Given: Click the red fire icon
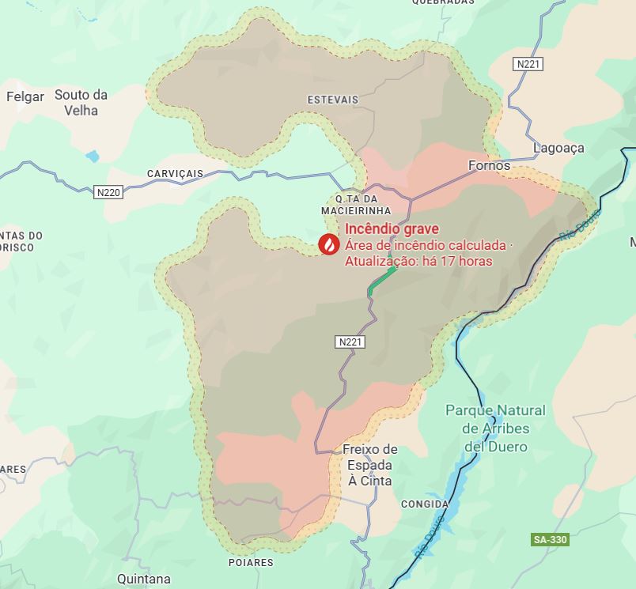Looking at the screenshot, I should pos(326,245).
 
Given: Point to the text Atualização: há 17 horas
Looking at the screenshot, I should pos(418,261).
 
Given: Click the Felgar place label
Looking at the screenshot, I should pos(24,96).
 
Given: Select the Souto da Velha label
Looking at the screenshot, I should pos(81,103).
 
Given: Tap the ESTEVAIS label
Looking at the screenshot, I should pos(332,100).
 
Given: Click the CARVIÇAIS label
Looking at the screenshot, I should pos(175,174).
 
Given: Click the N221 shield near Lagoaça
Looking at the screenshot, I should pos(528,63).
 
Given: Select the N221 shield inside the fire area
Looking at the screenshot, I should pos(350,342).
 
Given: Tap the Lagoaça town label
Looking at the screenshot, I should pos(558,148).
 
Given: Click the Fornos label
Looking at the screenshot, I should pos(489,166).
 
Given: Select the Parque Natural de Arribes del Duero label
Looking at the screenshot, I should pos(495,429).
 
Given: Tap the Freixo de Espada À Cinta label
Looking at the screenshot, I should pos(370,465).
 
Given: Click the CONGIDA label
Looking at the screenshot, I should pos(425,504).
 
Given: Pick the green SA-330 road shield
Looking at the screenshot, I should pos(550,539).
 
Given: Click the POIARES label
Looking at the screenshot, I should pos(250,563).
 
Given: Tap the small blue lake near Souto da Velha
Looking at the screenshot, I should pos(93,156).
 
